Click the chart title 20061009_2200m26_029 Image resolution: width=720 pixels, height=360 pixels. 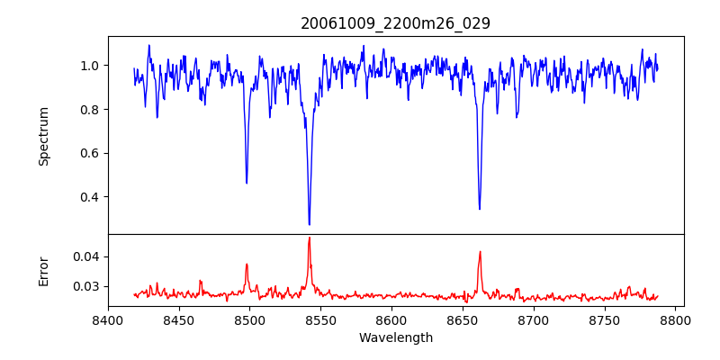tap(395, 23)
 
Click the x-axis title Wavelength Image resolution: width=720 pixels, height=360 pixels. tap(395, 337)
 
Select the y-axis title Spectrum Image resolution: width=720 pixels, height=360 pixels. tap(43, 136)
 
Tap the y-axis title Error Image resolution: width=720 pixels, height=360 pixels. tap(43, 271)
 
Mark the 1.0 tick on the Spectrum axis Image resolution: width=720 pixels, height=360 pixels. tap(91, 66)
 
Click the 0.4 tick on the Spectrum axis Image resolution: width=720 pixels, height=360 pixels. tap(91, 197)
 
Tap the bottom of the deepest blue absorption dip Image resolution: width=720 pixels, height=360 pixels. tap(309, 224)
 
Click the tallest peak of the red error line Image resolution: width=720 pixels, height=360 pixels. tap(309, 238)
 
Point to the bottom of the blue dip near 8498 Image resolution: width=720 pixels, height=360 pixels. tap(247, 183)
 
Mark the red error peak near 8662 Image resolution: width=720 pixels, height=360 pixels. tap(480, 252)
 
